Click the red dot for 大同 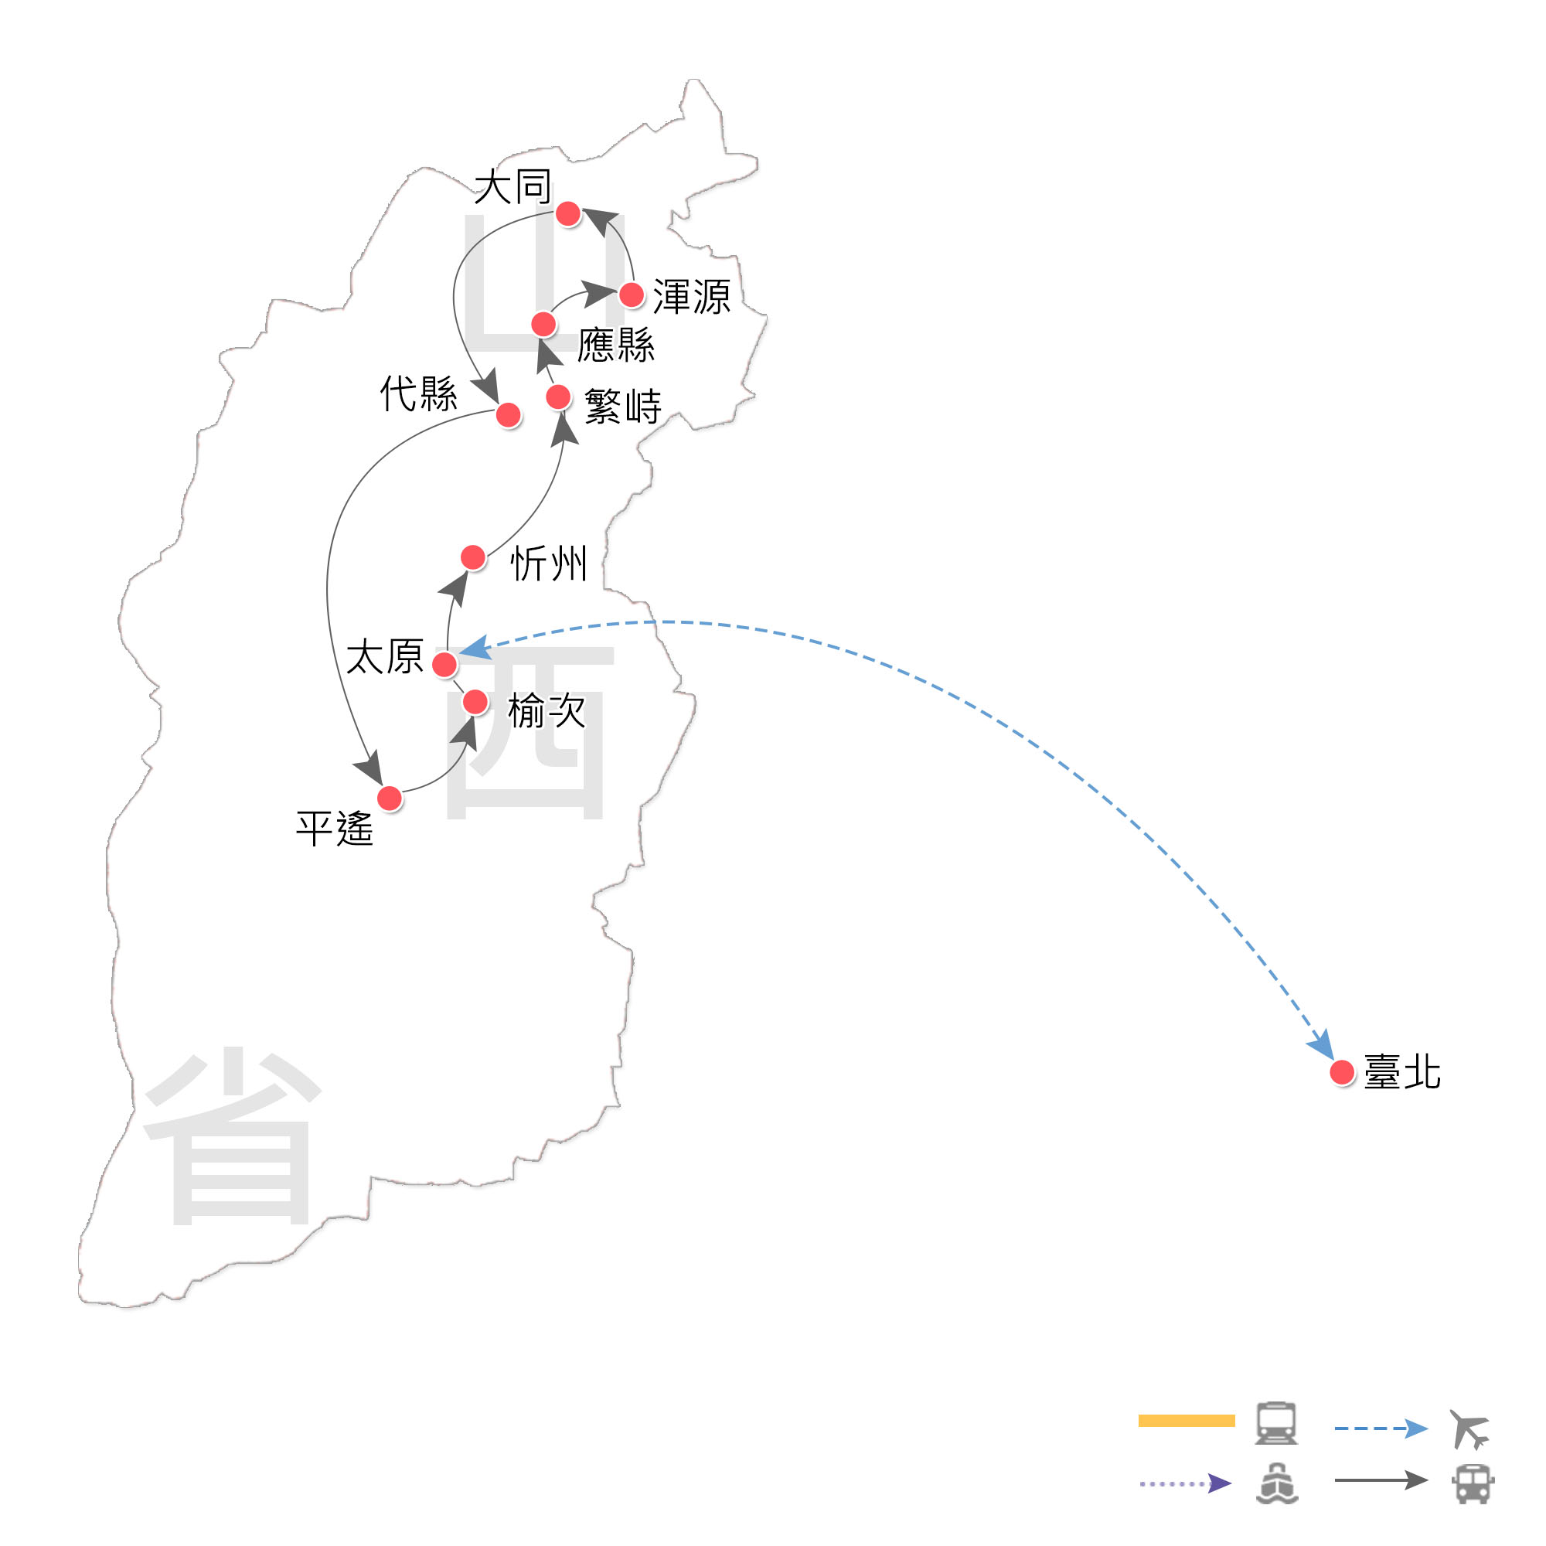pos(567,213)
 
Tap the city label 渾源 pos(691,297)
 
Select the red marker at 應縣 pos(543,324)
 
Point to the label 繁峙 pos(622,407)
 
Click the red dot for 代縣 pos(508,414)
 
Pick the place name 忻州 pos(549,564)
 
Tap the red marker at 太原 pos(444,663)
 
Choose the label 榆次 pos(547,710)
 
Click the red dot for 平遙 pos(389,798)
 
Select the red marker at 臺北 pos(1342,1071)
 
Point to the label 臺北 pos(1402,1072)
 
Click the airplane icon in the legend pos(1469,1429)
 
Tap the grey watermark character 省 pos(232,1136)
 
